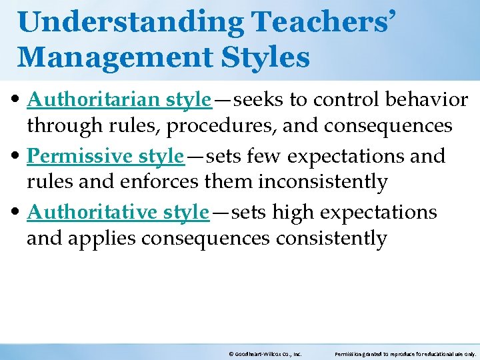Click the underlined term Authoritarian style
pyautogui.click(x=119, y=100)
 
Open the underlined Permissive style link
pyautogui.click(x=105, y=156)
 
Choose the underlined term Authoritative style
pyautogui.click(x=118, y=212)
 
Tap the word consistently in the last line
pyautogui.click(x=329, y=237)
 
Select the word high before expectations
pyautogui.click(x=293, y=213)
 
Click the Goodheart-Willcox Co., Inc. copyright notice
pyautogui.click(x=265, y=354)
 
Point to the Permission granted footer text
pyautogui.click(x=405, y=354)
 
